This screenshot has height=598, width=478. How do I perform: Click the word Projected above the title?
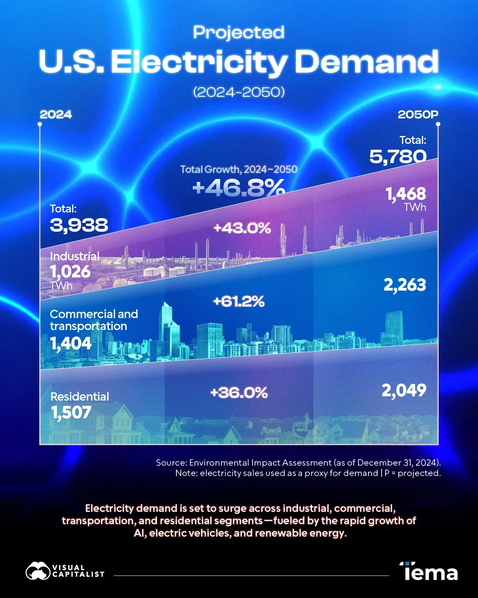(x=239, y=33)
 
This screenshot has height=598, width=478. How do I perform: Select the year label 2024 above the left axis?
(x=56, y=115)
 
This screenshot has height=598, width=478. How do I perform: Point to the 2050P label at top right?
(x=418, y=115)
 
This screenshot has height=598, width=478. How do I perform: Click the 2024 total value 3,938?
(x=79, y=225)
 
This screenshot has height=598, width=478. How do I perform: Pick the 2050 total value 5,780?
(x=398, y=156)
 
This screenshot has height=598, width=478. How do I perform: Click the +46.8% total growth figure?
(x=239, y=187)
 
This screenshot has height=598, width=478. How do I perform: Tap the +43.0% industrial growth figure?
(x=242, y=228)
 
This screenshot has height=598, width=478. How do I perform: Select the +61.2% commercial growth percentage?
(x=239, y=301)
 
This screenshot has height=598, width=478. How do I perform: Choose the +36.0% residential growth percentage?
(x=239, y=393)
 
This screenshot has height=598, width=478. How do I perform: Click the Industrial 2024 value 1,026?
(x=71, y=272)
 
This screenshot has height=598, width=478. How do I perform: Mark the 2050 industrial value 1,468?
(x=406, y=194)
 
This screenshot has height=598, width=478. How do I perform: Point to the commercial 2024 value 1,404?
(x=71, y=343)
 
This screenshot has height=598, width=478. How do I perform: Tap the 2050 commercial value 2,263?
(x=405, y=285)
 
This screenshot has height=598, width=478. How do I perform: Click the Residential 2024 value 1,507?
(x=71, y=413)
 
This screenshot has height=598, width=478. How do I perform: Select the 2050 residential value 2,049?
(x=404, y=390)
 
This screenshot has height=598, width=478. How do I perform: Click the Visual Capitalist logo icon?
(x=38, y=571)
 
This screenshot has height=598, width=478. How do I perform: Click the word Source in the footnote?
(x=171, y=463)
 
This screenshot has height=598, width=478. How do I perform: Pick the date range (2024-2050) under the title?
(x=239, y=92)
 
